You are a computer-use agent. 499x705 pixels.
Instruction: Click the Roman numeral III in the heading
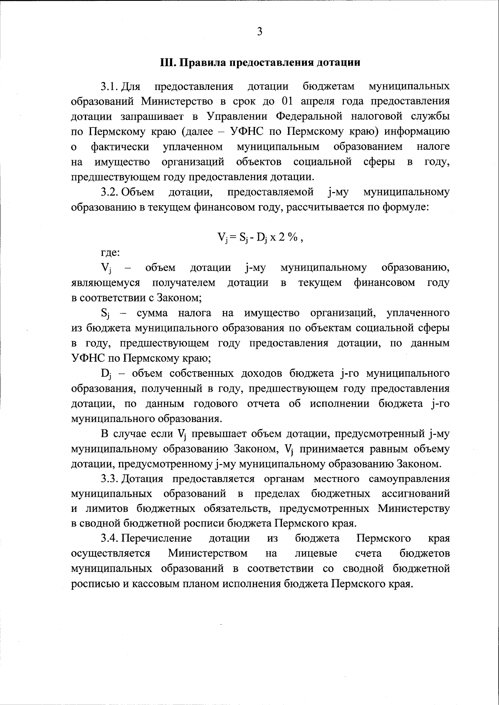click(168, 63)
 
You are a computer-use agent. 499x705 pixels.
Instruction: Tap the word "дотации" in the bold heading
click(338, 63)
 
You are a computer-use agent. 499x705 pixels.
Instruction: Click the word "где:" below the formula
click(111, 253)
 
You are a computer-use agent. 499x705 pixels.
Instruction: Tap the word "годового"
click(215, 404)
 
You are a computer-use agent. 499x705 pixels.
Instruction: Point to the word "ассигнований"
click(415, 494)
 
